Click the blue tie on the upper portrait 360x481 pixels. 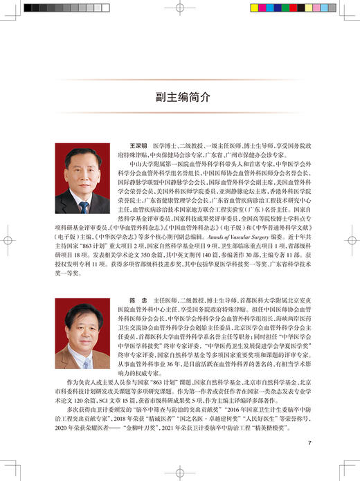point(83,205)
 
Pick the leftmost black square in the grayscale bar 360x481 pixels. point(29,8)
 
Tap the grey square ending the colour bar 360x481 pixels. point(331,8)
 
